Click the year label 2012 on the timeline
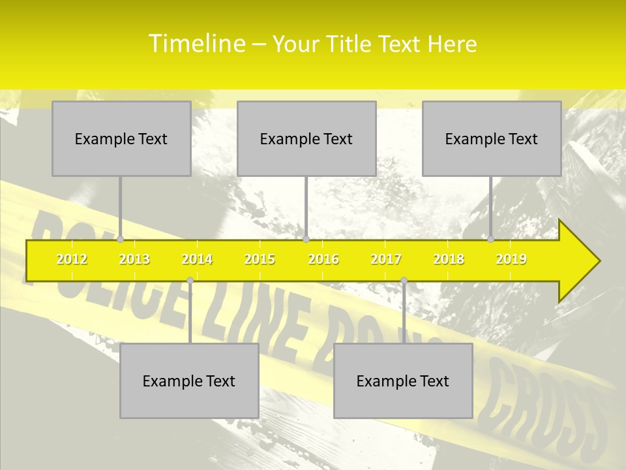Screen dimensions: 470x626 (72, 259)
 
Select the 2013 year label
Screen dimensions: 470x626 (134, 259)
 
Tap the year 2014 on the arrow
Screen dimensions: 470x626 (197, 259)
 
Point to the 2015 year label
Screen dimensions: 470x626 (260, 259)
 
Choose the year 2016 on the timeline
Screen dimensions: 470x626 (323, 259)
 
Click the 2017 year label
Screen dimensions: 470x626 (386, 259)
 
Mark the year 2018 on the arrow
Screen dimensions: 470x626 (449, 259)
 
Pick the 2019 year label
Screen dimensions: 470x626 (511, 259)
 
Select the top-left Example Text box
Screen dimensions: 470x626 (121, 138)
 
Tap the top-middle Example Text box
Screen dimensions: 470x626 (306, 138)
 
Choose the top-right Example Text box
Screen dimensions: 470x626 (492, 138)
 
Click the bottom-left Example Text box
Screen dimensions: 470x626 (189, 381)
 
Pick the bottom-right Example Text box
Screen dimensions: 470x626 (403, 381)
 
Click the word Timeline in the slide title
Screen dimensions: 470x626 (196, 44)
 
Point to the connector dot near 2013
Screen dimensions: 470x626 (121, 240)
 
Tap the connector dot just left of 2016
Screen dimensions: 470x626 (306, 240)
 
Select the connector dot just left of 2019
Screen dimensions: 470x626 (491, 240)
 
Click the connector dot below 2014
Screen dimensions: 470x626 (190, 281)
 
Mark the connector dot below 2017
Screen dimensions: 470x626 (404, 281)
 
